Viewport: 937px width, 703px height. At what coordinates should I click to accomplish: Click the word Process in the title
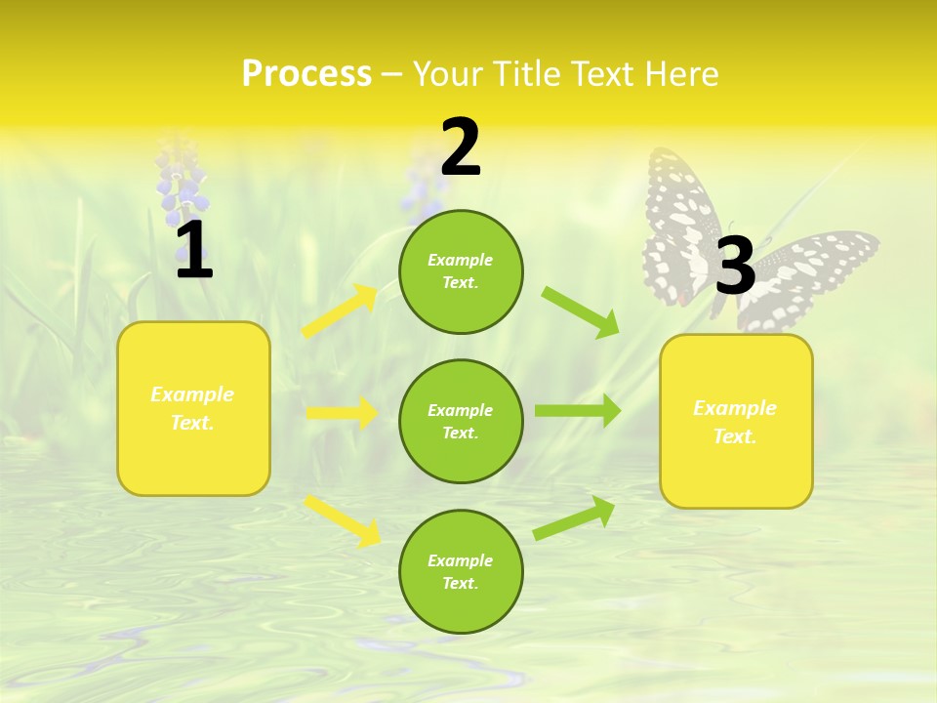tap(306, 74)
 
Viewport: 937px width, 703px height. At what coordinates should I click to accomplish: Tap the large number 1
tap(193, 252)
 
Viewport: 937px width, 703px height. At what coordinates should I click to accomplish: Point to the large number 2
tap(461, 147)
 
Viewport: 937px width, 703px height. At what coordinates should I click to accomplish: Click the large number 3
tap(735, 266)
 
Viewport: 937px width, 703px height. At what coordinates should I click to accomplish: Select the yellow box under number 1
tap(193, 408)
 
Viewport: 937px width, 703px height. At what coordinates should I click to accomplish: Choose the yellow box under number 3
tap(736, 421)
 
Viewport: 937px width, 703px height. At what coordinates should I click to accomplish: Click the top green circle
tap(461, 271)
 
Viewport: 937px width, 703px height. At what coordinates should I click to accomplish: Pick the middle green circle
tap(461, 421)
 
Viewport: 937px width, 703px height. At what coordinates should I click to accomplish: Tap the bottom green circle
tap(461, 571)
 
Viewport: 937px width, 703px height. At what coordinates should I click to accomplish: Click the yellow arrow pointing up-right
tap(340, 310)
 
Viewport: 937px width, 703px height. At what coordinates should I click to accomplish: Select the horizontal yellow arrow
tap(342, 413)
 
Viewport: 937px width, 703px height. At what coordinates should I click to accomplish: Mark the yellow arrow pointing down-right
tap(342, 519)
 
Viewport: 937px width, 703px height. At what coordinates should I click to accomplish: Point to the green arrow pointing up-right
tap(574, 517)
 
